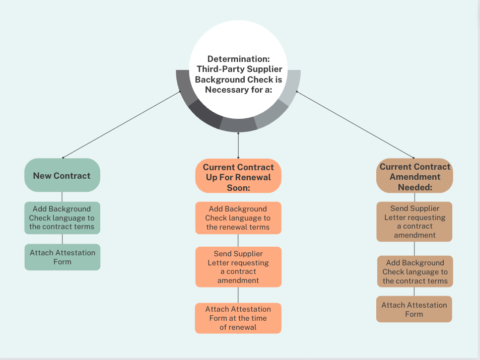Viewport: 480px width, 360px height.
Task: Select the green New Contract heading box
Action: (x=62, y=176)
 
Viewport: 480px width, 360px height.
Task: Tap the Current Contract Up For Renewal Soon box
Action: (x=238, y=176)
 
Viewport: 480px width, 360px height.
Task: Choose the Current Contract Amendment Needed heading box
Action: (x=415, y=176)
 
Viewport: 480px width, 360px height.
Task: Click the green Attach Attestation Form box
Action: (x=62, y=257)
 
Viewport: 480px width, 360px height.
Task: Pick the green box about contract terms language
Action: (x=62, y=218)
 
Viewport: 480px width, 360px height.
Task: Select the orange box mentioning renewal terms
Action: (x=238, y=218)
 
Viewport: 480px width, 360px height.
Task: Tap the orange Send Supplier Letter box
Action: (x=238, y=267)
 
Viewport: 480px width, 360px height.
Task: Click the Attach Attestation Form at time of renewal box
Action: (x=238, y=318)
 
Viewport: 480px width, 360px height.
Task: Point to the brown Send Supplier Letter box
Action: (x=415, y=222)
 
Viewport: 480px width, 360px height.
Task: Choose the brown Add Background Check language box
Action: (x=415, y=271)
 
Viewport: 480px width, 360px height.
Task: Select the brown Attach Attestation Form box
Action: (x=414, y=309)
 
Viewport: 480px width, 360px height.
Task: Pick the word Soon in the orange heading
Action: (x=239, y=188)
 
